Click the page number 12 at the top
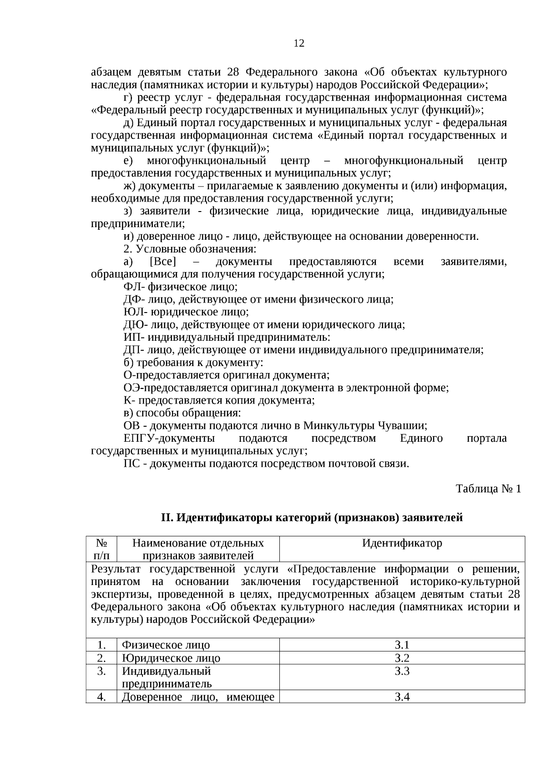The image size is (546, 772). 299,44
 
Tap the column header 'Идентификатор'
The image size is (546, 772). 402,543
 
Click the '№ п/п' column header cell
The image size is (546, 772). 101,549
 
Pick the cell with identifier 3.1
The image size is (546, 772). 402,645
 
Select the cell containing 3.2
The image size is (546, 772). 402,658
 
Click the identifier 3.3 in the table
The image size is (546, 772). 402,671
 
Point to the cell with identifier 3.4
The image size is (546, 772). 402,697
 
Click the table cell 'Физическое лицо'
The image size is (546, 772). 166,645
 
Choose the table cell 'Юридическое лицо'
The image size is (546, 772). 171,658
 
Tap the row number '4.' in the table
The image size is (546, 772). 101,697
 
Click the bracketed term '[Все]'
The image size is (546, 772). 162,262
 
